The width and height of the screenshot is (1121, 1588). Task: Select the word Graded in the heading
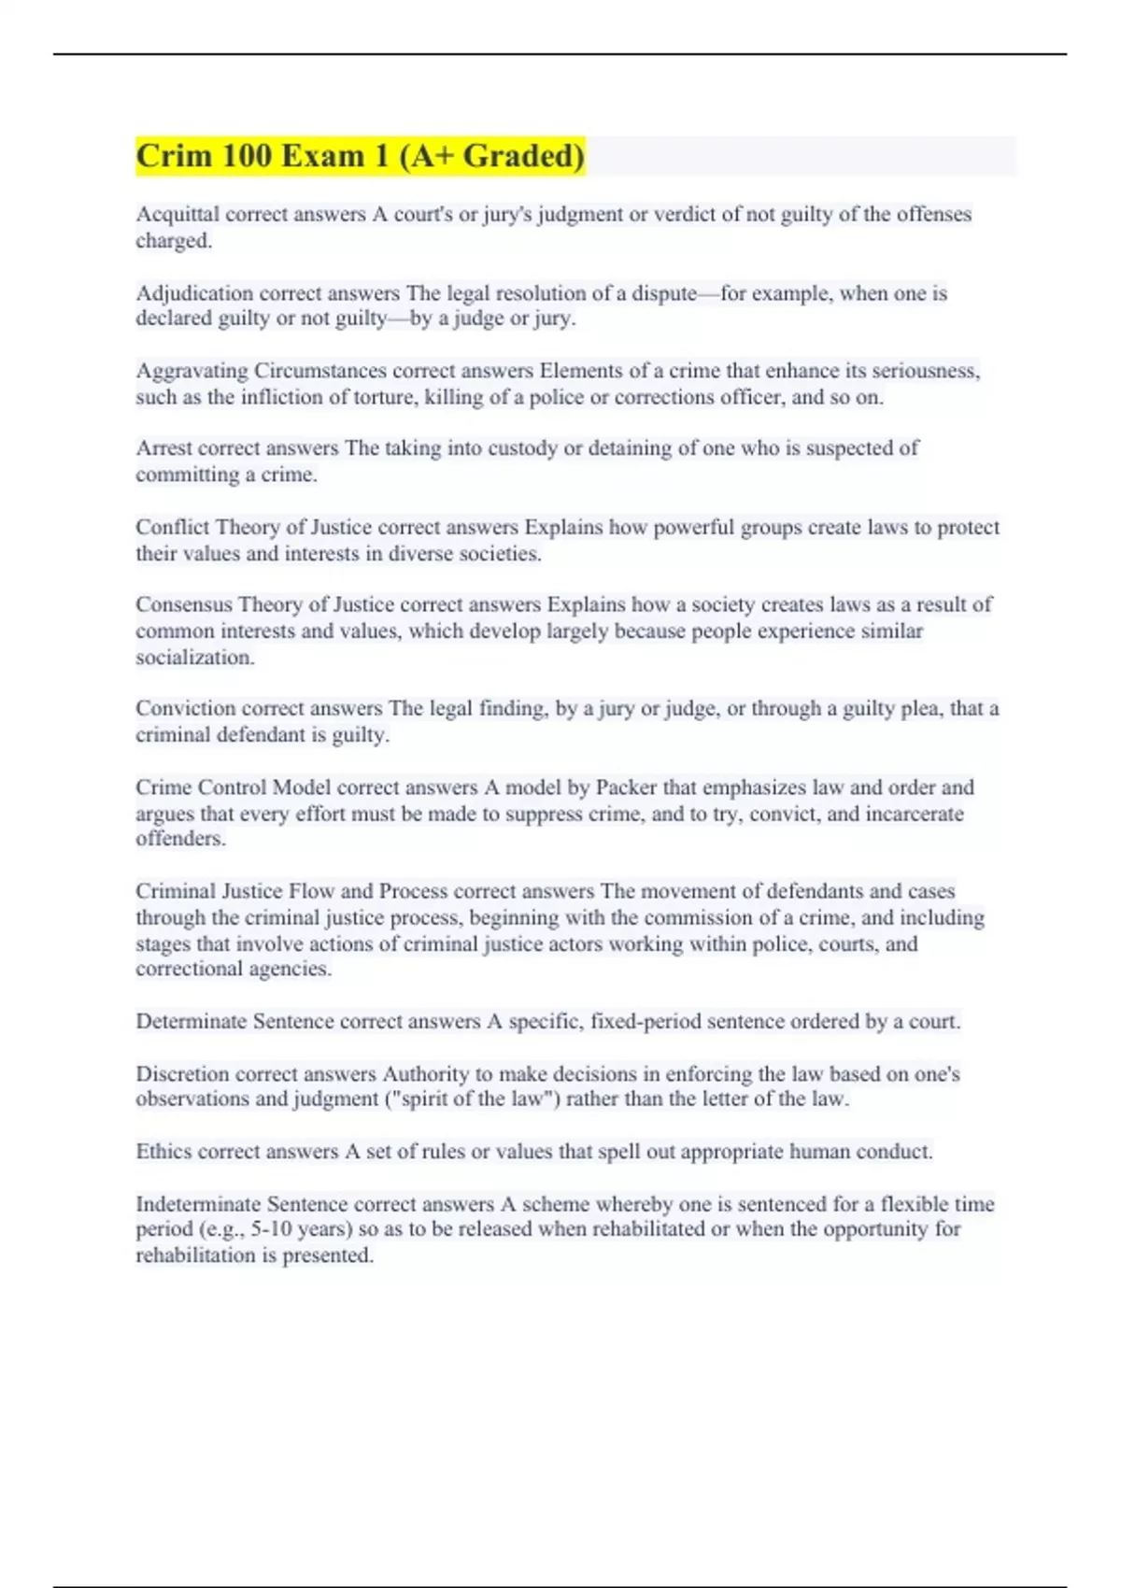[x=523, y=156]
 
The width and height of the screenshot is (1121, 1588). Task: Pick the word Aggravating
[x=192, y=371]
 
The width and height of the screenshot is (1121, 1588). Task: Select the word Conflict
[x=173, y=527]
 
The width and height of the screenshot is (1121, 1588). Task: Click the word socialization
[x=194, y=658]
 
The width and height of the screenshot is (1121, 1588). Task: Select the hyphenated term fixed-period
[x=646, y=1021]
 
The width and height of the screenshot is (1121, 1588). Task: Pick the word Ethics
[x=163, y=1152]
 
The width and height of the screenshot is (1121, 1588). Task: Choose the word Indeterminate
[x=198, y=1204]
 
